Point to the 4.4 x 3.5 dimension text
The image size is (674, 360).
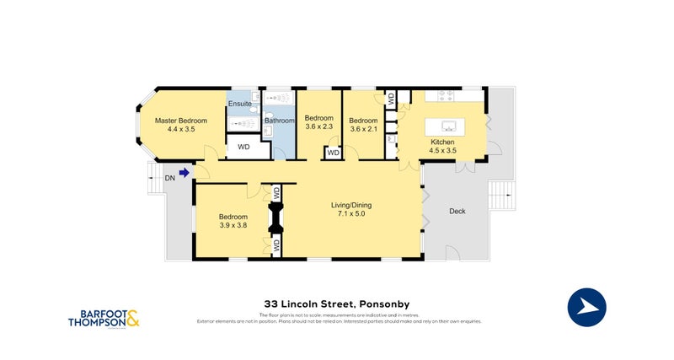click(x=181, y=130)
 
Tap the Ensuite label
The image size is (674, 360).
click(x=239, y=104)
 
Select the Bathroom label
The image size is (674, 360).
click(x=279, y=121)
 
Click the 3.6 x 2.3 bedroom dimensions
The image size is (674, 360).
click(x=319, y=126)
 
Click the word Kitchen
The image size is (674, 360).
click(x=443, y=142)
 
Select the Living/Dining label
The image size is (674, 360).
click(x=350, y=205)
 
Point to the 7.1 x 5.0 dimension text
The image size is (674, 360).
click(x=350, y=214)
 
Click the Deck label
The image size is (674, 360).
click(x=457, y=212)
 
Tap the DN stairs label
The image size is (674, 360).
click(x=169, y=177)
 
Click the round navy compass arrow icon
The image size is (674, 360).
click(x=588, y=307)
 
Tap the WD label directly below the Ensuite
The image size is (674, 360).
click(x=243, y=147)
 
